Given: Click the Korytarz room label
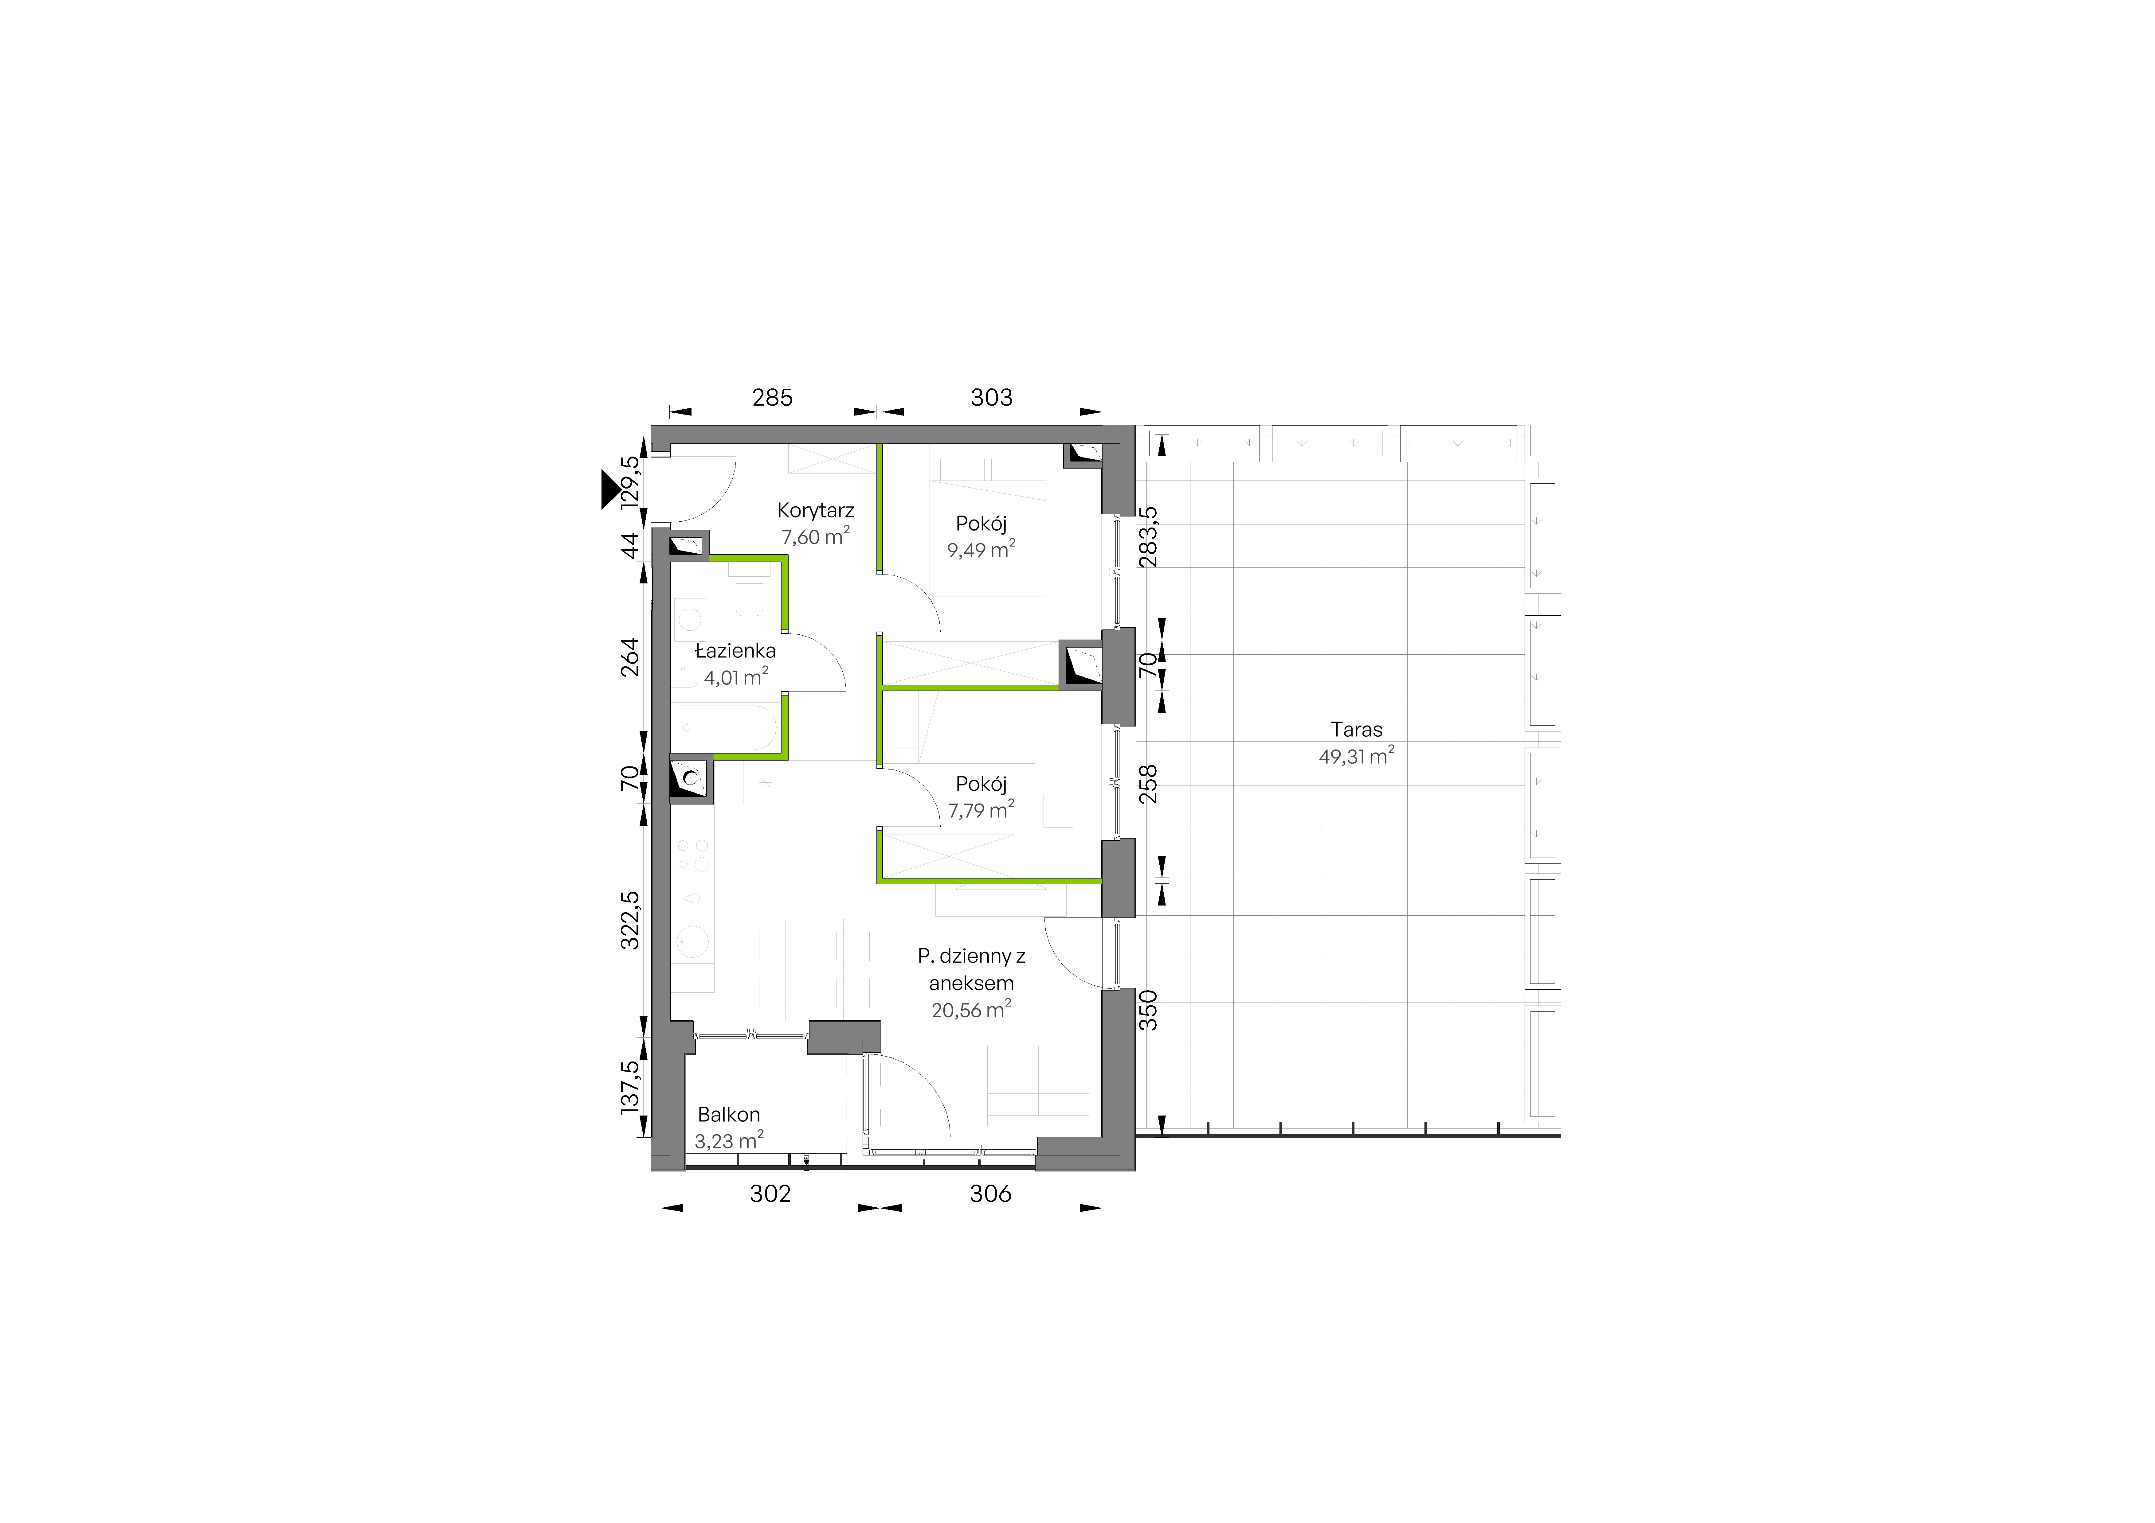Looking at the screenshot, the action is coord(816,512).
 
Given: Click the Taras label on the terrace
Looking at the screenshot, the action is coord(1356,729).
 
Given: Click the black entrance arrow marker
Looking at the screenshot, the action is coord(612,490).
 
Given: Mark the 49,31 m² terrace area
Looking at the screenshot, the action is coord(1356,756).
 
